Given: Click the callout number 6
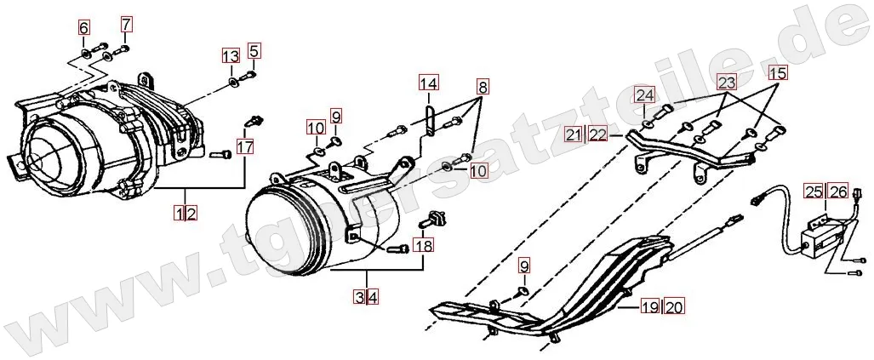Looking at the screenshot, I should click(x=83, y=28).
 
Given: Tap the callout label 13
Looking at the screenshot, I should click(x=231, y=56).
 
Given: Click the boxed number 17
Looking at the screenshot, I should click(x=245, y=146).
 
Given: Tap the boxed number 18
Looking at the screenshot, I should click(x=422, y=247).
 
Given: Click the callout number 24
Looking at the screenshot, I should click(x=644, y=94).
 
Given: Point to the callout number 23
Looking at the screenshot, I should click(x=726, y=83).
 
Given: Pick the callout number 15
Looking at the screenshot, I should click(x=777, y=73).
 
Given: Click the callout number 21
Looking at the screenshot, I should click(x=573, y=134).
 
